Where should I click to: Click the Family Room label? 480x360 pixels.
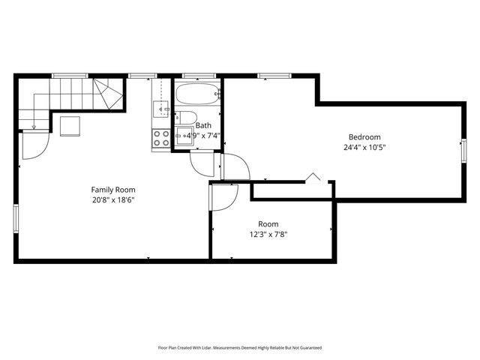tap(113, 189)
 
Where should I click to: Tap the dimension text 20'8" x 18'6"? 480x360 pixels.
tap(113, 199)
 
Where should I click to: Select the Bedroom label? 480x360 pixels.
tap(364, 136)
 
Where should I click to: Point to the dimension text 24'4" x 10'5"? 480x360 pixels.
tap(364, 147)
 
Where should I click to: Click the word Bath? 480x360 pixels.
tap(203, 125)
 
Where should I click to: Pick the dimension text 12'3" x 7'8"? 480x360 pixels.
tap(268, 234)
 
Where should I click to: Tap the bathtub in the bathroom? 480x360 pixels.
tap(197, 95)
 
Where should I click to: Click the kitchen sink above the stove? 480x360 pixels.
tap(161, 110)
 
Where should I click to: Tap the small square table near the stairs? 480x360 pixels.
tap(70, 125)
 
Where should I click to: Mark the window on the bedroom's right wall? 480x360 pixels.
tap(463, 150)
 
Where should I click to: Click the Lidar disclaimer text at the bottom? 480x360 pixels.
tap(239, 347)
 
